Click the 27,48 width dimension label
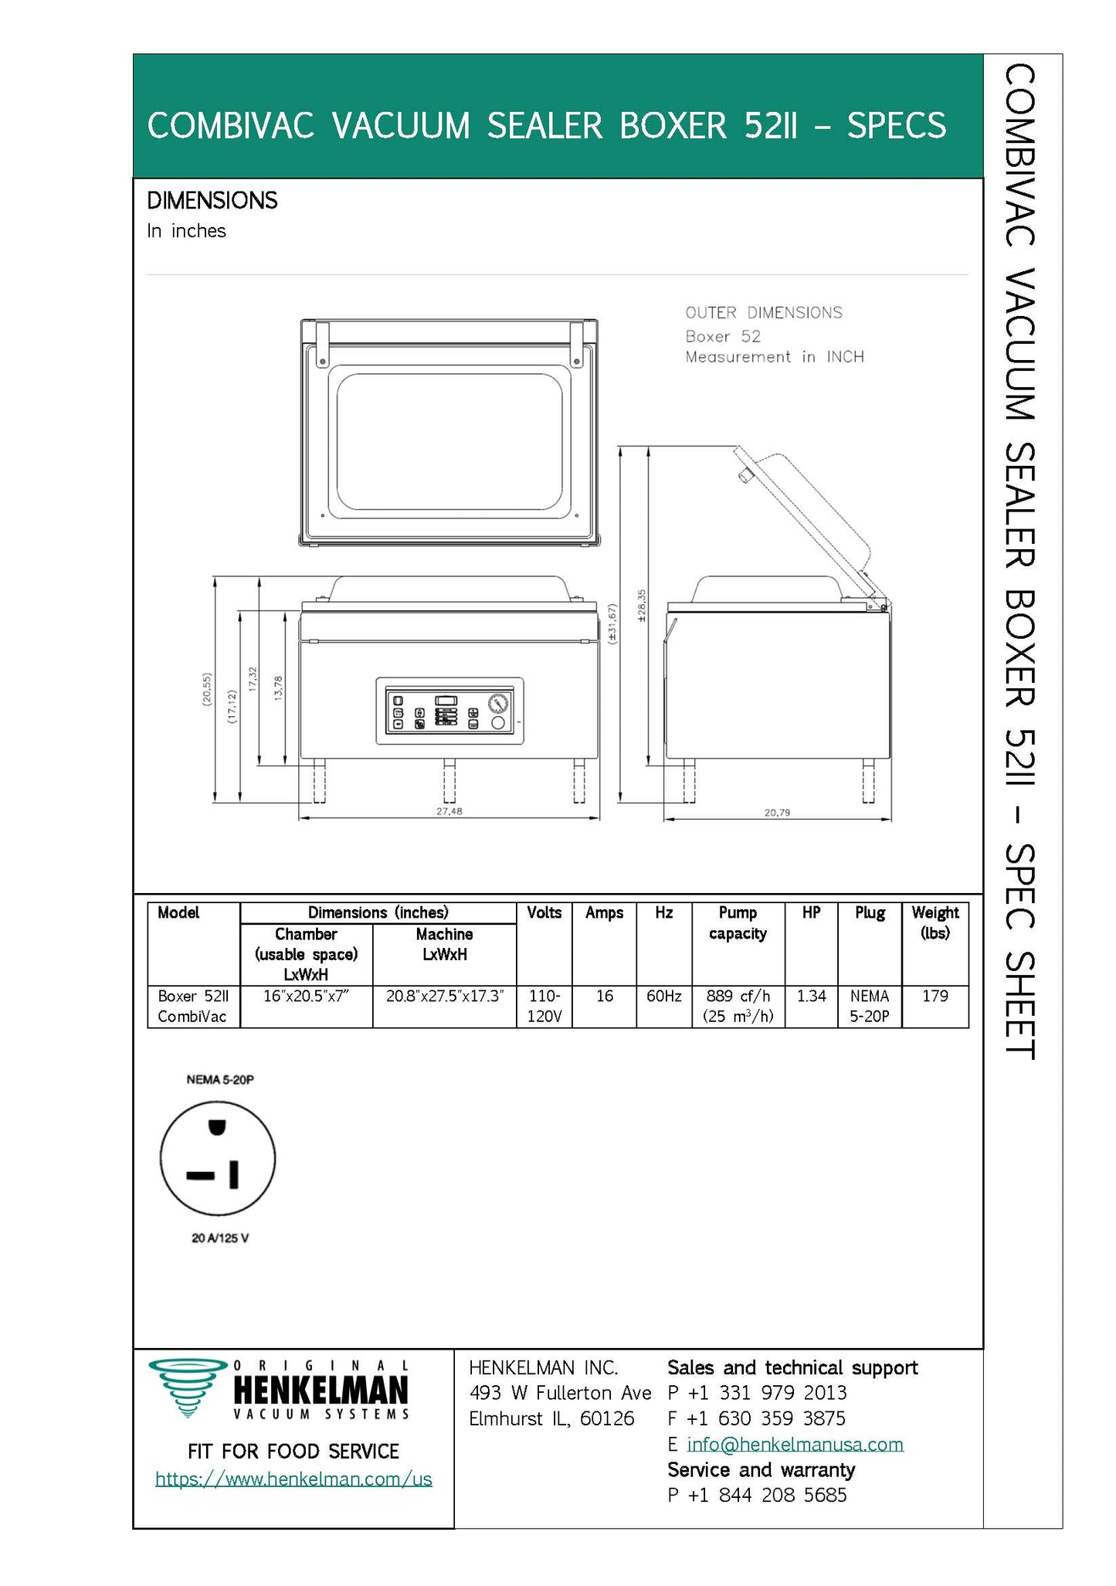(x=449, y=812)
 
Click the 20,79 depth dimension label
(x=777, y=813)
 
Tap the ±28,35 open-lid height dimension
(x=642, y=606)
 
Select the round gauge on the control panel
(x=498, y=704)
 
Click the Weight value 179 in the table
(x=935, y=997)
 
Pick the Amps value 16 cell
(x=604, y=997)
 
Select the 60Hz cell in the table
(x=663, y=997)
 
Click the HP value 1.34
(x=811, y=997)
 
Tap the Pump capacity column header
(x=738, y=923)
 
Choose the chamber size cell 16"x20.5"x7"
(x=306, y=997)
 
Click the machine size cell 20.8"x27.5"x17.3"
(x=444, y=997)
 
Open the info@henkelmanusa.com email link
(x=795, y=1444)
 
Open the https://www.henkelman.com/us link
(x=293, y=1479)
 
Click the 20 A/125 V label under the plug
(x=220, y=1238)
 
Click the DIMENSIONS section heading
(x=212, y=201)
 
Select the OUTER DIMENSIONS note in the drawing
(x=764, y=313)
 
